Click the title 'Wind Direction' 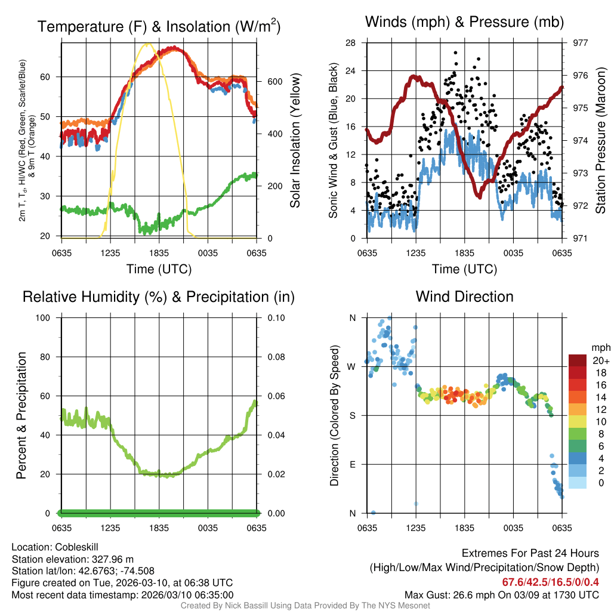464,297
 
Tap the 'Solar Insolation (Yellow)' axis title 295,140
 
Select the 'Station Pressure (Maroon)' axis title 601,140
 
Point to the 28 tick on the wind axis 351,43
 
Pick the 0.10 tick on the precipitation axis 275,317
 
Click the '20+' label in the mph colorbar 600,361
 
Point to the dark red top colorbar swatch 578,360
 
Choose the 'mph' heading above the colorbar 600,347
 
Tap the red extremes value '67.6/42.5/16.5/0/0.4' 550,582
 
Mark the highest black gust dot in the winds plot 456,53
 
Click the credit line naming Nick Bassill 305,606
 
